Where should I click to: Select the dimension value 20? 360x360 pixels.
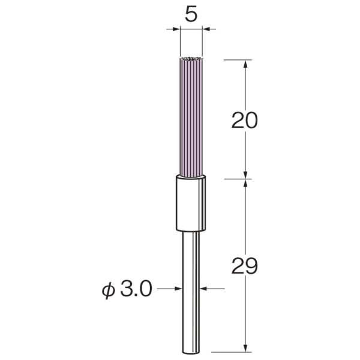click(x=245, y=120)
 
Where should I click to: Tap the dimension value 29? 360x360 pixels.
click(x=245, y=265)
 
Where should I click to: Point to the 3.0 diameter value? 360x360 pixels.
click(x=136, y=289)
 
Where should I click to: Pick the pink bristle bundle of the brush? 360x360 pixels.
click(x=191, y=117)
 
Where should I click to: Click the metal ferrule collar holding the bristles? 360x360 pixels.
click(x=191, y=203)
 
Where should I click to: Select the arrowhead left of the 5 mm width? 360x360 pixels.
click(x=175, y=29)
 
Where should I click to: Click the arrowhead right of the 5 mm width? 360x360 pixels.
click(x=206, y=29)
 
